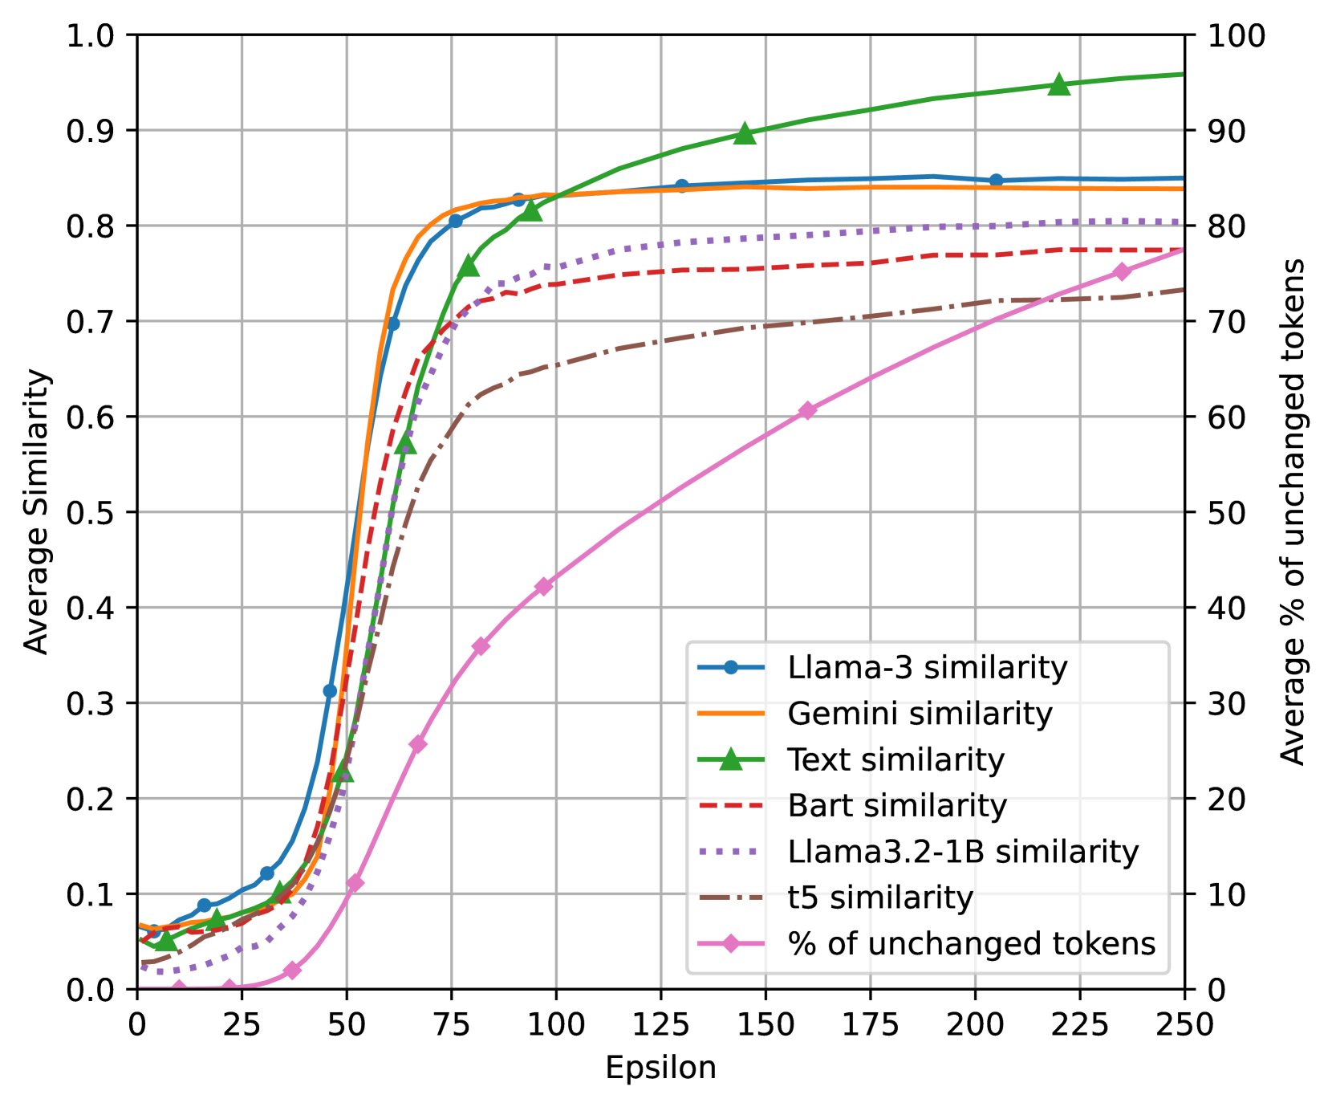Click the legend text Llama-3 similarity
(927, 668)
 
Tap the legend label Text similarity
(895, 759)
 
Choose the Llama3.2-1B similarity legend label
(963, 852)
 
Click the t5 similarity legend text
(880, 897)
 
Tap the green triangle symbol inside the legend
(730, 759)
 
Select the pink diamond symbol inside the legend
(730, 943)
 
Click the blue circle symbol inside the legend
(730, 667)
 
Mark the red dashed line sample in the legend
(730, 805)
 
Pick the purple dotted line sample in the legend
(730, 851)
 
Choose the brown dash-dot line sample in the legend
(730, 897)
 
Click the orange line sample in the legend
(730, 713)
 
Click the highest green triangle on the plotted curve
(1059, 84)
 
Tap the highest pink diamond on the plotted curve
(1122, 271)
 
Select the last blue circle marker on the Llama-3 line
(996, 180)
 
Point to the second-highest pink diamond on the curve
(807, 410)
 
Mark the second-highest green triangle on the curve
(745, 134)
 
